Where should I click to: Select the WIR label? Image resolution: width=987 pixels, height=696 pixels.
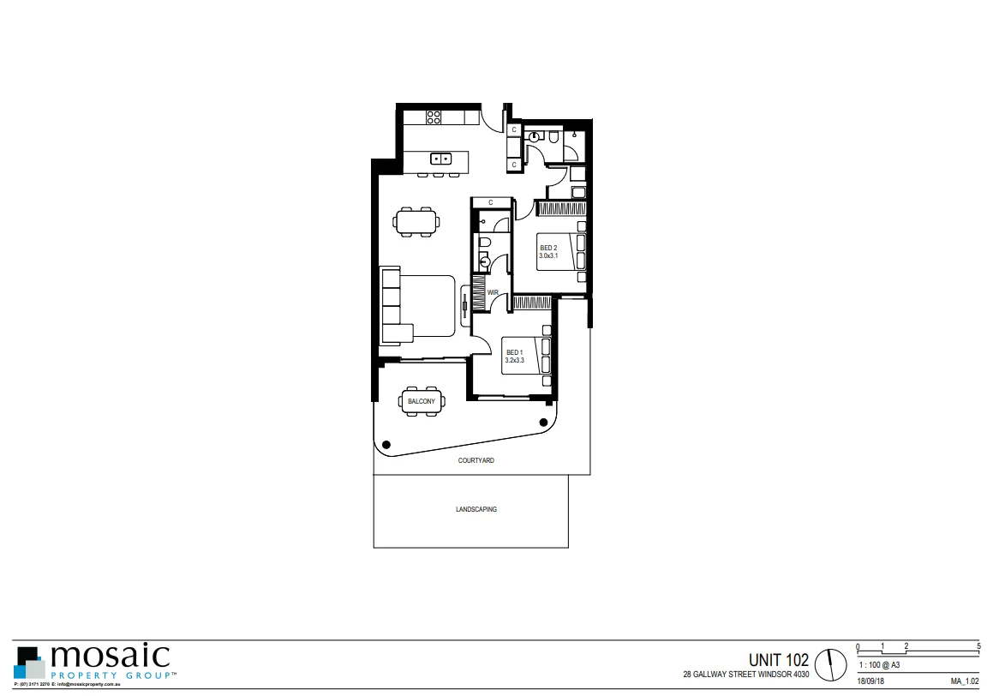click(x=493, y=293)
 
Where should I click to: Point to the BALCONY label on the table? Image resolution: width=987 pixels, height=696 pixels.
click(x=421, y=401)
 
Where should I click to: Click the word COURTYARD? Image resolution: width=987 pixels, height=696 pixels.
click(x=476, y=460)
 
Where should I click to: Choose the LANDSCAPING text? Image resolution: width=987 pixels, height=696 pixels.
click(x=476, y=509)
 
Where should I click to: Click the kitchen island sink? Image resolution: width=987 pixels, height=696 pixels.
click(x=441, y=159)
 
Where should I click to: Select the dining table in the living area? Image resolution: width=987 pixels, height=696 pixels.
click(x=416, y=221)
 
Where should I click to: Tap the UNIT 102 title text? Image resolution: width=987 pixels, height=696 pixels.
click(x=778, y=660)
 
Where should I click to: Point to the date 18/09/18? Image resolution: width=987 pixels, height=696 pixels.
click(x=870, y=681)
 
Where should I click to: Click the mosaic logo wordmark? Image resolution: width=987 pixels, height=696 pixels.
click(x=111, y=658)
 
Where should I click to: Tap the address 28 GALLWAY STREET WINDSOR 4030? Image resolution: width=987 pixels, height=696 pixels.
click(x=745, y=675)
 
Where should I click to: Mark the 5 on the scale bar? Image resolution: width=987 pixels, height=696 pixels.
click(x=979, y=645)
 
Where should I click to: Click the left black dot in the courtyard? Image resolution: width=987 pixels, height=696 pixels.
click(x=386, y=444)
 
